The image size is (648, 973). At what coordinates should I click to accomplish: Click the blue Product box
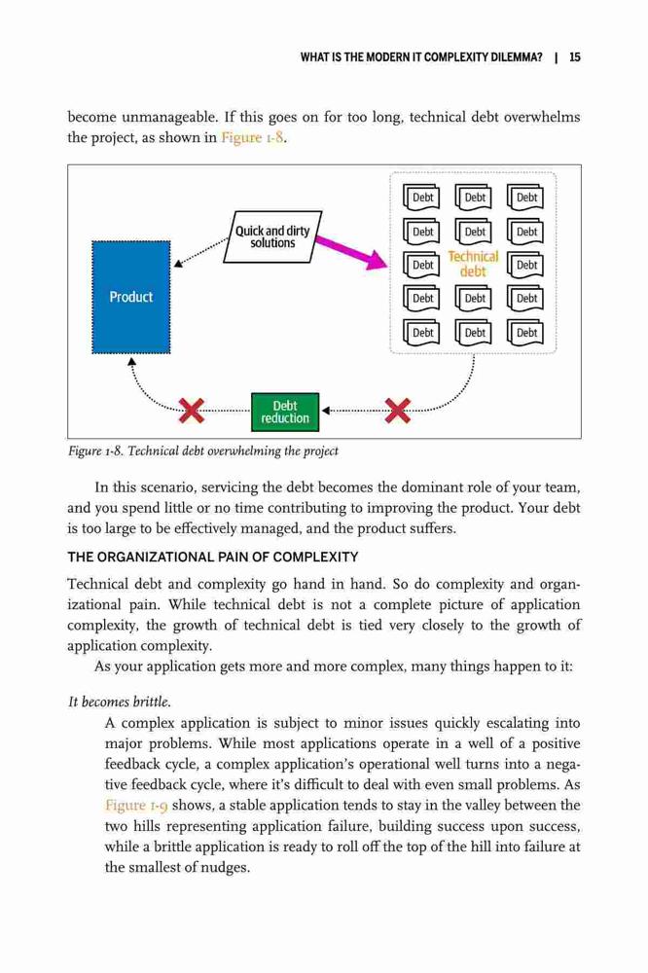[131, 297]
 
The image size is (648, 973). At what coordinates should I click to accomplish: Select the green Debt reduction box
[285, 412]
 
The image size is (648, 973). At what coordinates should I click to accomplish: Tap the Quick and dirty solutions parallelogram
[272, 236]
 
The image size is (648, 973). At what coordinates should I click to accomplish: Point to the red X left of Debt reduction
[191, 411]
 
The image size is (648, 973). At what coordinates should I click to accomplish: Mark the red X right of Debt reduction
[398, 411]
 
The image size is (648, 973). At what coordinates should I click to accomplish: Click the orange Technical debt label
[473, 264]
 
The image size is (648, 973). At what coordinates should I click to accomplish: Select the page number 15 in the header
[575, 57]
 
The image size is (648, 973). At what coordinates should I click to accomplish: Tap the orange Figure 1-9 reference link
[136, 806]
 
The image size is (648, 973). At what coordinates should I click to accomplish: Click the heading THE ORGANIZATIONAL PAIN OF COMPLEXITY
[213, 557]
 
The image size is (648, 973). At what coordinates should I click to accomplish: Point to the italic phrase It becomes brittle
[119, 702]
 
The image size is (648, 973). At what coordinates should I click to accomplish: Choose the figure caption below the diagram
[203, 451]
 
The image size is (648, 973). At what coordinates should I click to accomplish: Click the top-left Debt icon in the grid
[421, 198]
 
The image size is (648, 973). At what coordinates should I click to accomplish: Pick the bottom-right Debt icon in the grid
[525, 332]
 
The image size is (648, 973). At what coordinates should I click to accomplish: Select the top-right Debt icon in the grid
[525, 198]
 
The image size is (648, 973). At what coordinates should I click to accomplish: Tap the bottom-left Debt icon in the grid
[421, 332]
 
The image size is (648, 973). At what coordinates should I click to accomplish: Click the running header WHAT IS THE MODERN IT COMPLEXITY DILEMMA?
[421, 57]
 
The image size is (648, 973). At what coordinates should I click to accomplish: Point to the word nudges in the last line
[225, 868]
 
